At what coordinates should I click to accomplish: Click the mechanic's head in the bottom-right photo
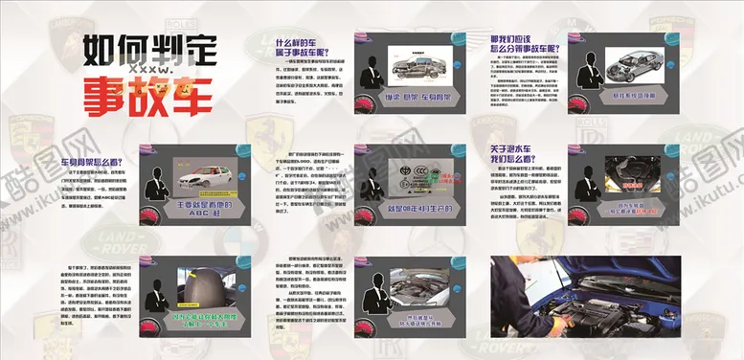pos(512,272)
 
